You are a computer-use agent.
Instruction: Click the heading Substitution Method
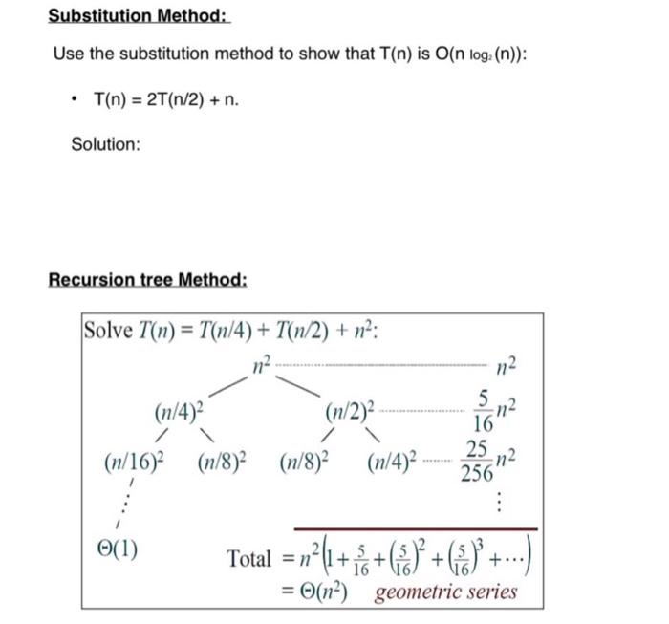pos(139,16)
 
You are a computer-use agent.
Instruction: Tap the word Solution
pos(105,144)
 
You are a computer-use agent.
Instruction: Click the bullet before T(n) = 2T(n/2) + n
pos(74,98)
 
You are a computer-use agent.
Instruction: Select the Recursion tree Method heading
pos(147,280)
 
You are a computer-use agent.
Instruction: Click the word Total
pos(248,559)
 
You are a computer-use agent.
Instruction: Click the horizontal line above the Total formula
pos(415,528)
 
